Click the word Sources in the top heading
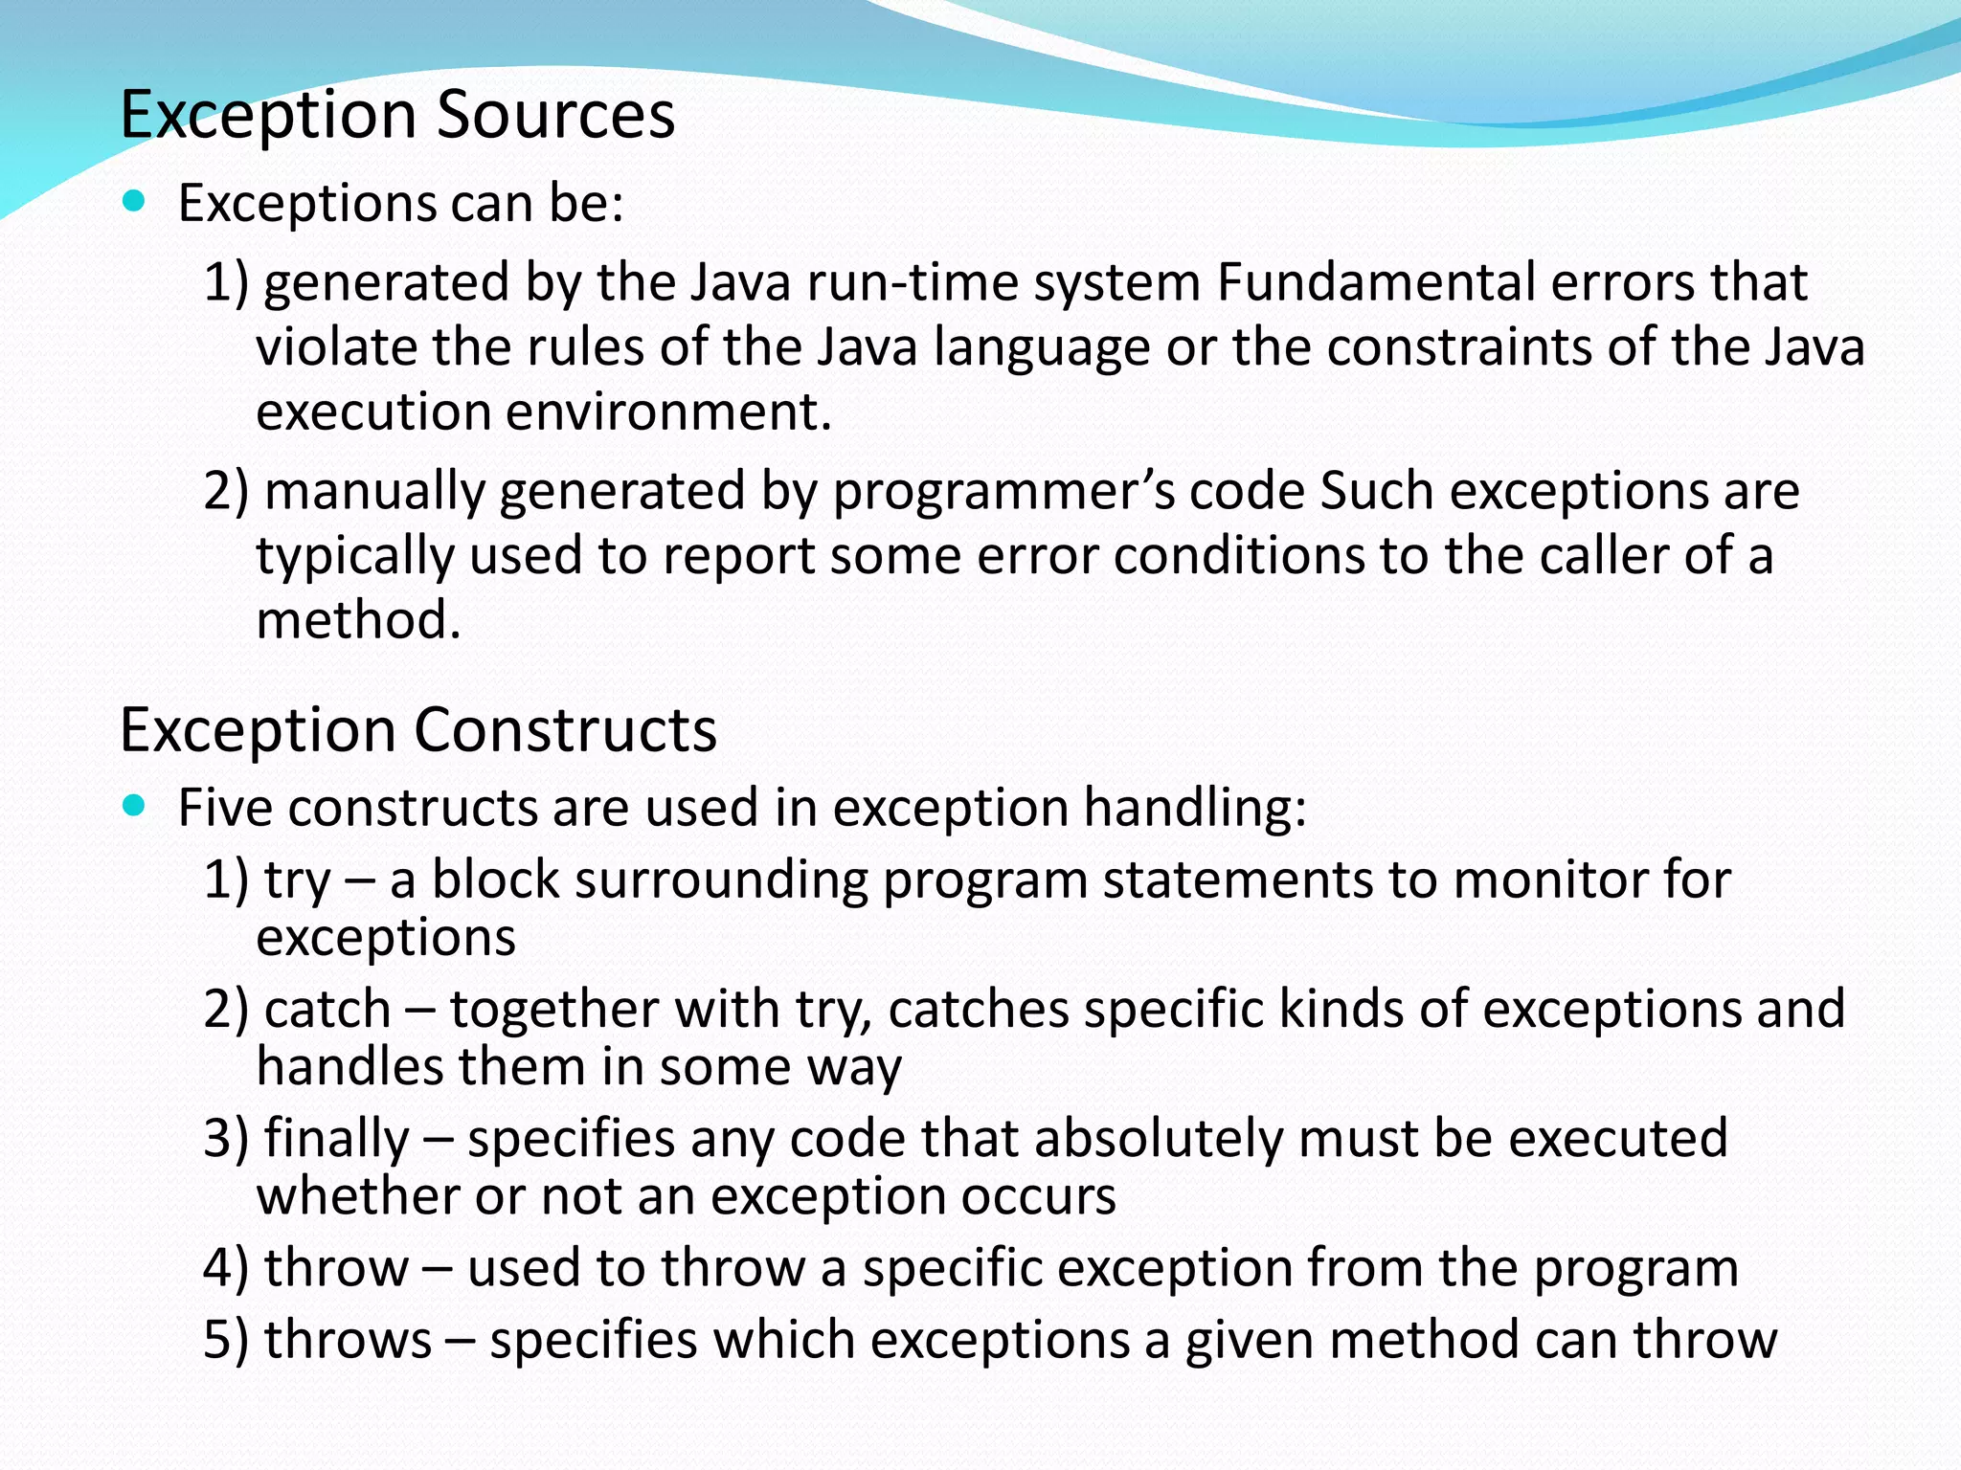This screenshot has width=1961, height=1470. [x=555, y=115]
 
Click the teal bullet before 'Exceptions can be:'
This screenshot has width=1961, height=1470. [x=134, y=201]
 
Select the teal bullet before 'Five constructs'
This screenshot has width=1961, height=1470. [x=134, y=805]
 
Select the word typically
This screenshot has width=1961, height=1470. [x=355, y=557]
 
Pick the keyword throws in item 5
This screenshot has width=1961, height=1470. [x=348, y=1340]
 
